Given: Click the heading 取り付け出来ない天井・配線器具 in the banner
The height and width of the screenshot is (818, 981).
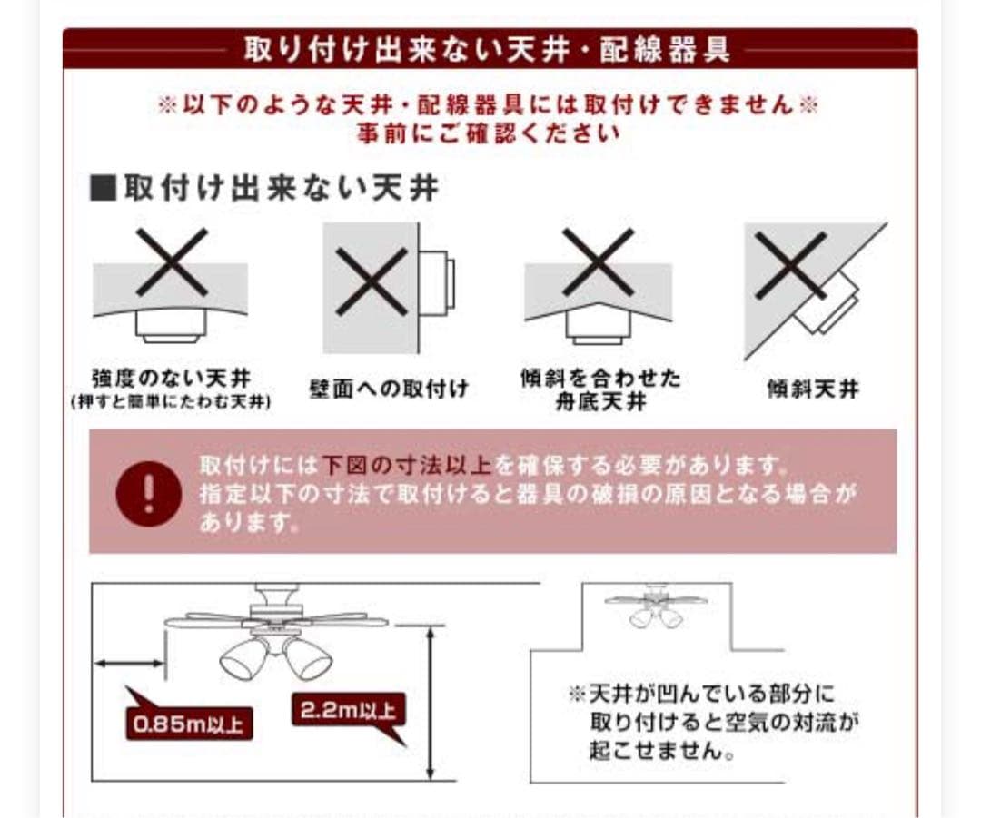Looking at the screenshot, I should point(488,49).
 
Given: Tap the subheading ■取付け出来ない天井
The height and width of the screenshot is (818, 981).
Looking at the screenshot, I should point(263,188).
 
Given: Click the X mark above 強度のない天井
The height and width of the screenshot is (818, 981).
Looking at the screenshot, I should point(171,261).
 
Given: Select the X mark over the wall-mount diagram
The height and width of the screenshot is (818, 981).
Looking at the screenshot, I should point(371,282).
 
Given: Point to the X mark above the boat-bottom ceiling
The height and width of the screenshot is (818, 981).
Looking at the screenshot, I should point(597,261).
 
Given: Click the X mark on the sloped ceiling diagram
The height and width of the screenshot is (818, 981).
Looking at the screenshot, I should point(789,264).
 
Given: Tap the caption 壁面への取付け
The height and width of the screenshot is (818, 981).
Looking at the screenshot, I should point(389,389).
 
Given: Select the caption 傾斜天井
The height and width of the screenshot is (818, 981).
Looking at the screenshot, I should point(812,391).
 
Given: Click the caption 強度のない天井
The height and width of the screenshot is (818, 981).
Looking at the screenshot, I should point(171,377).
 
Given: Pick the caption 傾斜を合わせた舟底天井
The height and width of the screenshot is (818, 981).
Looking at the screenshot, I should point(599,389).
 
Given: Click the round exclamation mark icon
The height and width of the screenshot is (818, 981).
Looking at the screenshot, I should point(149,492).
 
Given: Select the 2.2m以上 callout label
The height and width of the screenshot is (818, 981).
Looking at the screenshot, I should point(348,711).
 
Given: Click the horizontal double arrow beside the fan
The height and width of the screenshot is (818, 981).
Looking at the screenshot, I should point(129,664).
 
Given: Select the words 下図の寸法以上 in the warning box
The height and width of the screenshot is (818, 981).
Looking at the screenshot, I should point(406,467).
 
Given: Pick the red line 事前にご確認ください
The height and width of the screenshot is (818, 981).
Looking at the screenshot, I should point(488,133).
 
